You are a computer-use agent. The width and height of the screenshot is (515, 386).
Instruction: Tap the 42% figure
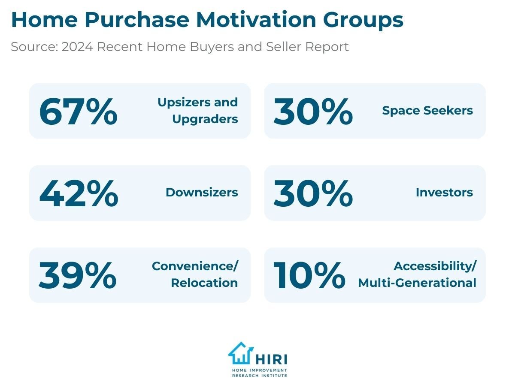(79, 193)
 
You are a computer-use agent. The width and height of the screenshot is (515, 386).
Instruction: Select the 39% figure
(78, 275)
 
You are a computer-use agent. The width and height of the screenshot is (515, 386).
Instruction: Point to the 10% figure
(309, 275)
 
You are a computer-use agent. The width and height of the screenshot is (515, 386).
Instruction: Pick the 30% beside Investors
(313, 193)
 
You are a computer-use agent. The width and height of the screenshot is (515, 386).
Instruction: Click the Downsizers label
(202, 193)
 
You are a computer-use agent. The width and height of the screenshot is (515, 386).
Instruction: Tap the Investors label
(444, 193)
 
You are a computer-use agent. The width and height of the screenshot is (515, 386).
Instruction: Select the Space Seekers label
(427, 111)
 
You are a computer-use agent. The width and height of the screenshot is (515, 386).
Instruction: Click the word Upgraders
(205, 119)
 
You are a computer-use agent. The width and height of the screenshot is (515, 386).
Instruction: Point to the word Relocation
(204, 283)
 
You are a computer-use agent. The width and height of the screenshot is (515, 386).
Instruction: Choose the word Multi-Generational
(417, 283)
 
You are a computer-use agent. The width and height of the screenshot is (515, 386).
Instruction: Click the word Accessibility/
(435, 266)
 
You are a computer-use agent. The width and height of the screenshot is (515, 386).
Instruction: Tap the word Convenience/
(195, 266)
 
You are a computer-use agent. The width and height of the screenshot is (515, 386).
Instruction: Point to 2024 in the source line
(77, 47)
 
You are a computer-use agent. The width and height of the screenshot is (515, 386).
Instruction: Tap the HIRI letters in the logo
(271, 359)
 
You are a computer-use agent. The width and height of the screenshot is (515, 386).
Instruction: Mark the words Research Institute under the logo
(259, 375)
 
